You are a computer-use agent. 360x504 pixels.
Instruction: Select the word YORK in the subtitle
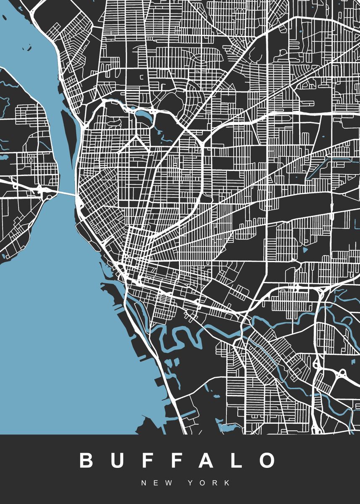click(x=209, y=483)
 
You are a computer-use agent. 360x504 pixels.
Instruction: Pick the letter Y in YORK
click(x=192, y=483)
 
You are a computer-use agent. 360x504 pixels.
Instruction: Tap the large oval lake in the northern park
click(x=141, y=114)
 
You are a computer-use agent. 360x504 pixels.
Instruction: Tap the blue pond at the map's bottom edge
click(x=227, y=428)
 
